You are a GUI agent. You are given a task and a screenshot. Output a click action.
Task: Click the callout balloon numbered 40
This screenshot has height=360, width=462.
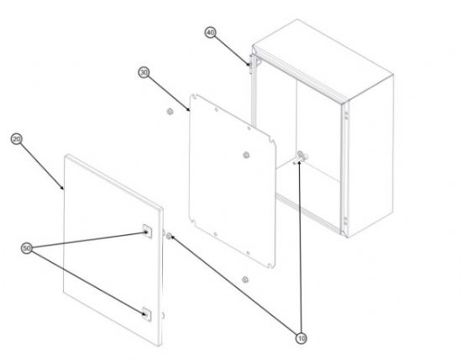click(x=210, y=33)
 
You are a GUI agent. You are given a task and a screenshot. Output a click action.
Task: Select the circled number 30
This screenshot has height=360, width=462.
click(x=144, y=72)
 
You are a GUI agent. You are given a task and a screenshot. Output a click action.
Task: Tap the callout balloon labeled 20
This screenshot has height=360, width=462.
click(x=17, y=139)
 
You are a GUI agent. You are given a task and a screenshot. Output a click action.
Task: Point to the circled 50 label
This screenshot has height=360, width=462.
click(x=27, y=248)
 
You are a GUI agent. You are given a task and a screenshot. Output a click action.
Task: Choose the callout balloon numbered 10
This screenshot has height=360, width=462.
click(x=301, y=338)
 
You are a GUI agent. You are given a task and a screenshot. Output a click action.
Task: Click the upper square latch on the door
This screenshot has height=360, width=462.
click(x=147, y=232)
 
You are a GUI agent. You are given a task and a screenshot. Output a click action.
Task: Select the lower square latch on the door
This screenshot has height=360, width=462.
click(x=146, y=314)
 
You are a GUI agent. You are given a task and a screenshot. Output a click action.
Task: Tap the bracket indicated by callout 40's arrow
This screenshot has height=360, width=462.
click(x=250, y=64)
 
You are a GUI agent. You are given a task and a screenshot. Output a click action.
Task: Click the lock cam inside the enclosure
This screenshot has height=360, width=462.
click(x=301, y=157)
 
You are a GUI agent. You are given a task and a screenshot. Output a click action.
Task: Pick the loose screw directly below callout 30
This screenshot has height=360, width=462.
click(x=170, y=112)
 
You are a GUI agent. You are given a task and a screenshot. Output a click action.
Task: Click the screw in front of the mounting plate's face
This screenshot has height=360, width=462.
click(x=246, y=155)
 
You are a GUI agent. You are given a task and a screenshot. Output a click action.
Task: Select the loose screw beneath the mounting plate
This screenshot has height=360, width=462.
click(x=244, y=279)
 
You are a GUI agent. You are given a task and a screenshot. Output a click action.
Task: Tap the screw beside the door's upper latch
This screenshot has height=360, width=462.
click(x=169, y=236)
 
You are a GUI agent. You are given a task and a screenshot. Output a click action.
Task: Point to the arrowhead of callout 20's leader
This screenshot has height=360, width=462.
click(x=62, y=188)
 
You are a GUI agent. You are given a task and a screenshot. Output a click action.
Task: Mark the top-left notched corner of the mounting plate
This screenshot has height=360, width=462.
click(x=193, y=97)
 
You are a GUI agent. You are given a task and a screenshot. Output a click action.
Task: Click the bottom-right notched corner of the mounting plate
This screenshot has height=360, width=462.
click(x=271, y=265)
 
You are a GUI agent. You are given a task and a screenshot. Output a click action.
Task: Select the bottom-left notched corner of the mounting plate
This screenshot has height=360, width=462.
click(x=192, y=220)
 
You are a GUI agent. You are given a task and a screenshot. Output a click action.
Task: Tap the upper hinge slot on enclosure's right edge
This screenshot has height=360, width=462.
click(x=346, y=114)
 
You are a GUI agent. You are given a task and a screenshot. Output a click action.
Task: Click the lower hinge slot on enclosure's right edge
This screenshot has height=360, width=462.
click(x=346, y=222)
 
